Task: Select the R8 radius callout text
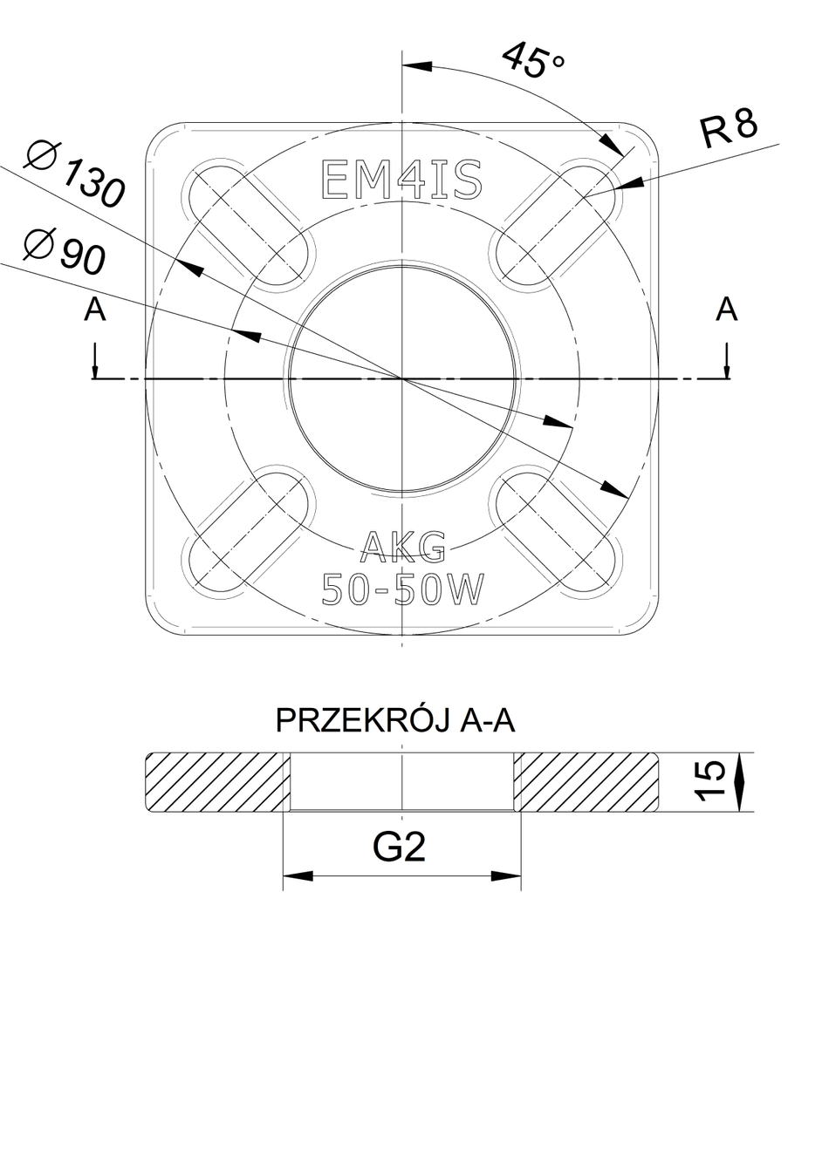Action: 729,128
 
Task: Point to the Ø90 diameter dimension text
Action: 64,250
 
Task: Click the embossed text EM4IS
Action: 401,180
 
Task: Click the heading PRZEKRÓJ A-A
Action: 395,720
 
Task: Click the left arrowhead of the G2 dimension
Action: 298,875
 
